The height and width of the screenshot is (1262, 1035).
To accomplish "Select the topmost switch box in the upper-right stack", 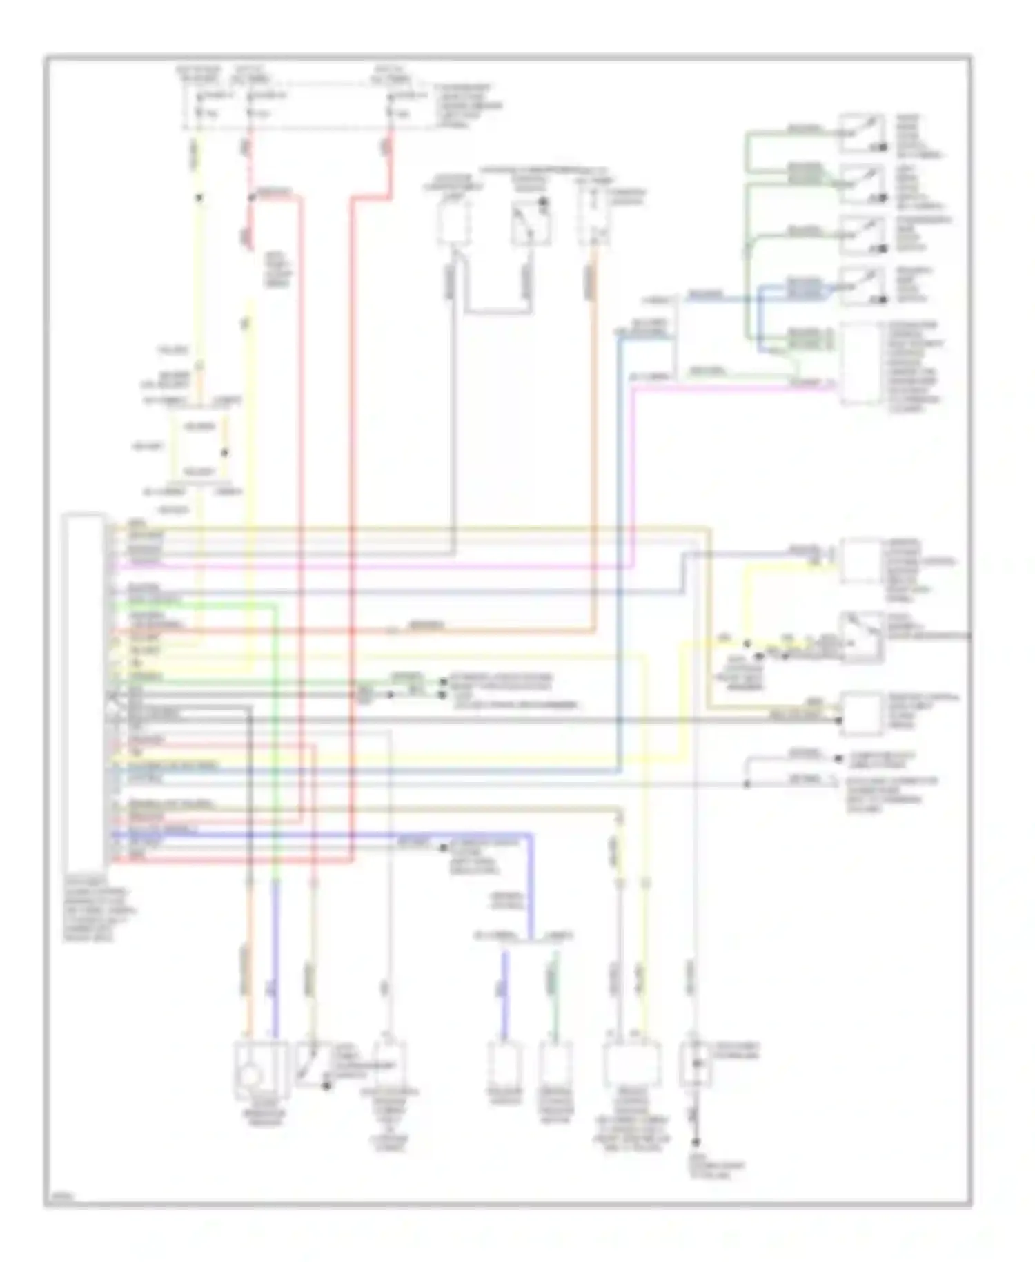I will pyautogui.click(x=861, y=133).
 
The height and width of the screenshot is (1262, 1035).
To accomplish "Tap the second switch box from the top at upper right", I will pyautogui.click(x=861, y=184).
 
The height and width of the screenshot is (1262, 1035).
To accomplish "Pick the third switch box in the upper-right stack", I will pyautogui.click(x=861, y=235).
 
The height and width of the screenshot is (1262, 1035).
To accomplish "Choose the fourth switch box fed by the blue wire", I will pyautogui.click(x=861, y=286).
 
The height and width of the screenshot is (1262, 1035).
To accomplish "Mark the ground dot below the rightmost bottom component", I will pyautogui.click(x=696, y=1142).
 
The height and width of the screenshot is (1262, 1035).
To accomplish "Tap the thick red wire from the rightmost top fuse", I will pyautogui.click(x=351, y=483).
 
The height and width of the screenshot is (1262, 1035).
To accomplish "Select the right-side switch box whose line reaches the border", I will pyautogui.click(x=861, y=637).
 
